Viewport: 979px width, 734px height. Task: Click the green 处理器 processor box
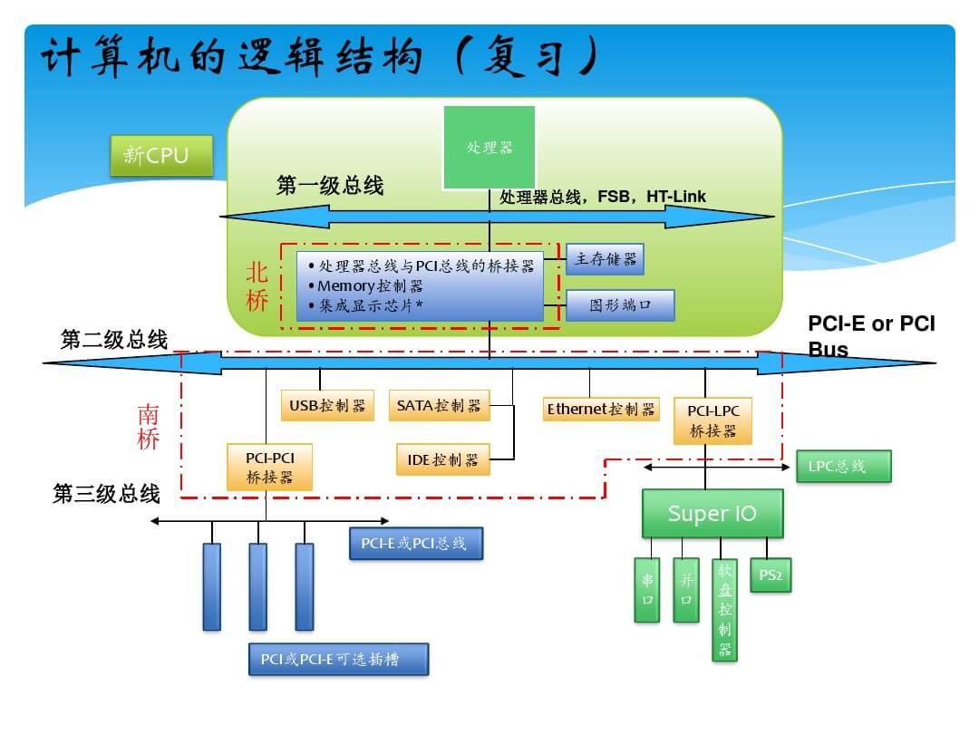click(x=489, y=147)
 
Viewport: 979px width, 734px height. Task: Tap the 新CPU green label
click(x=161, y=155)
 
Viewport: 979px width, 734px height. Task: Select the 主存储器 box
click(x=605, y=259)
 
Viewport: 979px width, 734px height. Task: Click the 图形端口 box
click(x=620, y=304)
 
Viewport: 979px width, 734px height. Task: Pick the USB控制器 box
click(x=327, y=406)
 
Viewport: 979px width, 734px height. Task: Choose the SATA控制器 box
click(x=439, y=405)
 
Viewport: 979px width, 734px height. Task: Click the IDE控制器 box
click(x=442, y=459)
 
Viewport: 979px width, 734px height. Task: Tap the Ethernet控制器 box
click(x=600, y=409)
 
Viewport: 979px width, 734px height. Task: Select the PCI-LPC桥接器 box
click(x=713, y=420)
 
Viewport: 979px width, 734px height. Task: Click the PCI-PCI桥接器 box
click(x=269, y=467)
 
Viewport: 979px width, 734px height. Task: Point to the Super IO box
click(x=712, y=514)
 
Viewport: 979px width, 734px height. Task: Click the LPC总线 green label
click(x=843, y=467)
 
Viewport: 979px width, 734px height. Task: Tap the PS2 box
click(x=771, y=575)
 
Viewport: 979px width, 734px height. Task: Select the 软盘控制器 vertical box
click(x=724, y=610)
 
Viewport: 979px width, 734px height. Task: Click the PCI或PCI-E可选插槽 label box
click(x=337, y=659)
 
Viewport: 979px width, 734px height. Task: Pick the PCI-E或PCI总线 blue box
click(x=415, y=544)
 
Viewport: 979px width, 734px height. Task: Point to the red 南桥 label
click(x=148, y=427)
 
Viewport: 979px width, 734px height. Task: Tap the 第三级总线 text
click(x=107, y=494)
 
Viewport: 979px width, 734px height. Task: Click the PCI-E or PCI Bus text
click(x=870, y=336)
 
